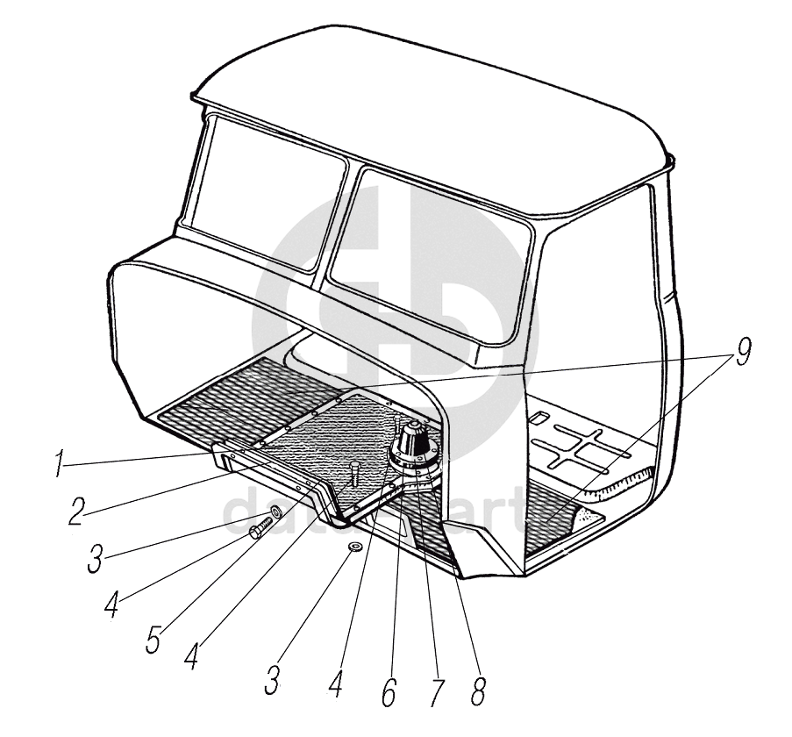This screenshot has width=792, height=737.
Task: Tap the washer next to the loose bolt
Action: click(x=275, y=511)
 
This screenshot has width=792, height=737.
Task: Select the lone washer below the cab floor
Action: click(x=355, y=548)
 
